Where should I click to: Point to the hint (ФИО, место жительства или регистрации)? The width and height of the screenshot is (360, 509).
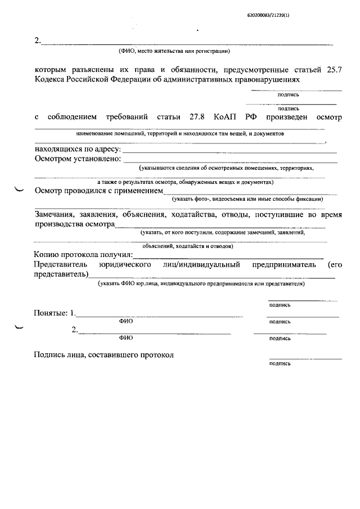click(x=174, y=52)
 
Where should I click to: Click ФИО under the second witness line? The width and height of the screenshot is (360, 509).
click(x=126, y=339)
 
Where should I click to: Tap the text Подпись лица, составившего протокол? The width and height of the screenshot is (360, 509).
click(x=104, y=355)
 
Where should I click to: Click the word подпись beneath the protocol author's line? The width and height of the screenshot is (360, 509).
click(x=280, y=364)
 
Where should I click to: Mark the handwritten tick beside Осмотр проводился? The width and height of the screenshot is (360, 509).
click(x=19, y=190)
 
